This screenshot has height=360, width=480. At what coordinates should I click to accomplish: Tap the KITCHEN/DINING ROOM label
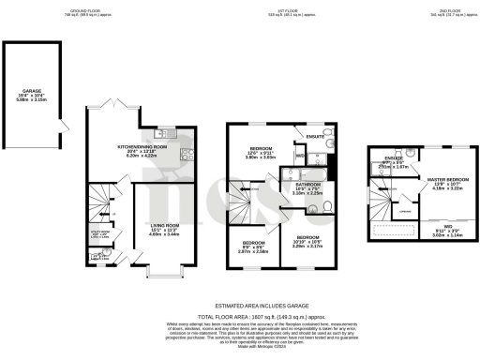pyautogui.click(x=142, y=147)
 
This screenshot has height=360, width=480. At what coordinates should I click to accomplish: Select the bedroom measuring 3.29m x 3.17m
pyautogui.click(x=306, y=242)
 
